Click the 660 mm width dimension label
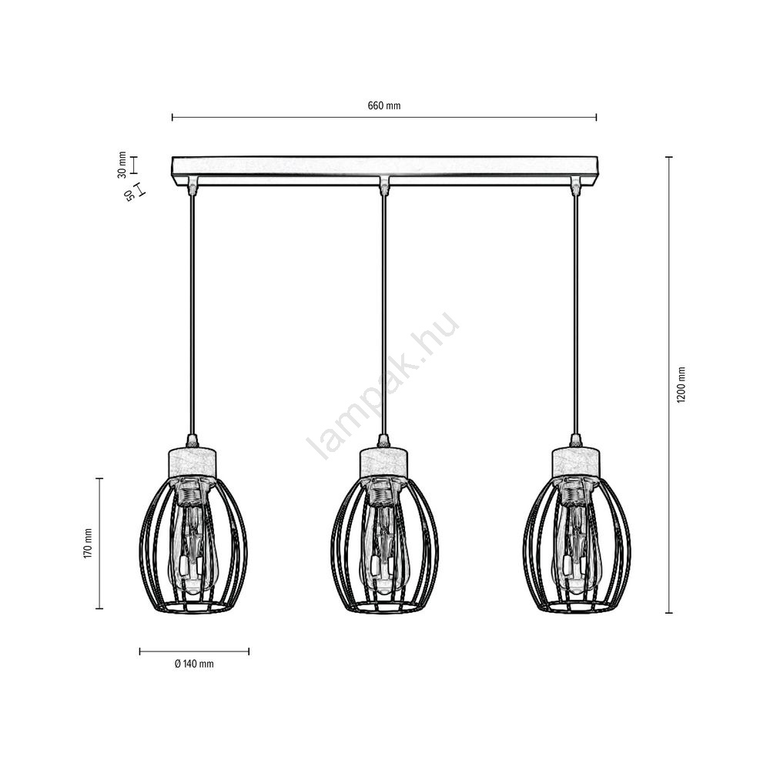[x=384, y=105]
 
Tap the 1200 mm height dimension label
[x=681, y=385]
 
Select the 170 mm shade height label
[x=88, y=543]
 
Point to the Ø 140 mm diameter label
[x=194, y=664]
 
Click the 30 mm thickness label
[x=122, y=165]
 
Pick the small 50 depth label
[x=129, y=196]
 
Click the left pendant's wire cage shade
[x=193, y=545]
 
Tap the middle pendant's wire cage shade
[x=384, y=545]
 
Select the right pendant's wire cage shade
[x=577, y=545]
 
